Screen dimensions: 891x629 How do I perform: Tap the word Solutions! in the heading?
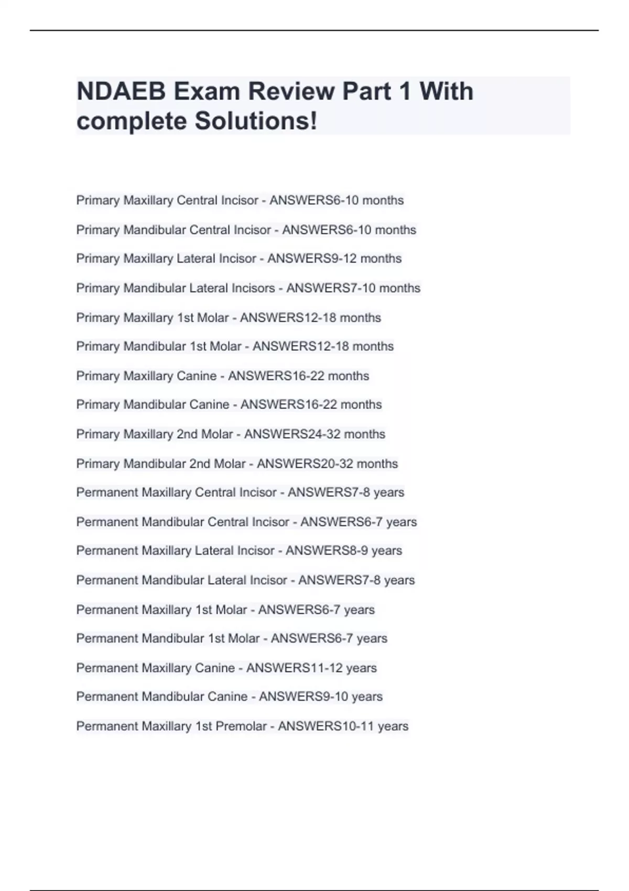[256, 121]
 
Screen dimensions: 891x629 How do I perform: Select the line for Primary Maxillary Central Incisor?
[240, 200]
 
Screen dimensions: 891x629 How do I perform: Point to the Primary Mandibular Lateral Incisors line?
[248, 288]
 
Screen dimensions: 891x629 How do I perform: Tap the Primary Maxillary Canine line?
[222, 376]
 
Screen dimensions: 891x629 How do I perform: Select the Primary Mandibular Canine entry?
[229, 405]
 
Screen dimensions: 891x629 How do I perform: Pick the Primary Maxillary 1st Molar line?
[228, 318]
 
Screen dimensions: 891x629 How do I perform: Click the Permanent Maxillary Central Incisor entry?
[240, 492]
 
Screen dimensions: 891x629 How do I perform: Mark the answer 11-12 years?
[344, 668]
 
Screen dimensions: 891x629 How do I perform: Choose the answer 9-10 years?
[350, 697]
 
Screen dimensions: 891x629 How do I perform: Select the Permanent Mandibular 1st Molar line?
[232, 638]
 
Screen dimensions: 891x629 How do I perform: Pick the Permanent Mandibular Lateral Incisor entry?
[245, 580]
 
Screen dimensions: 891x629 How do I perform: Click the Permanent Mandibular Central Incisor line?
[246, 522]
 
